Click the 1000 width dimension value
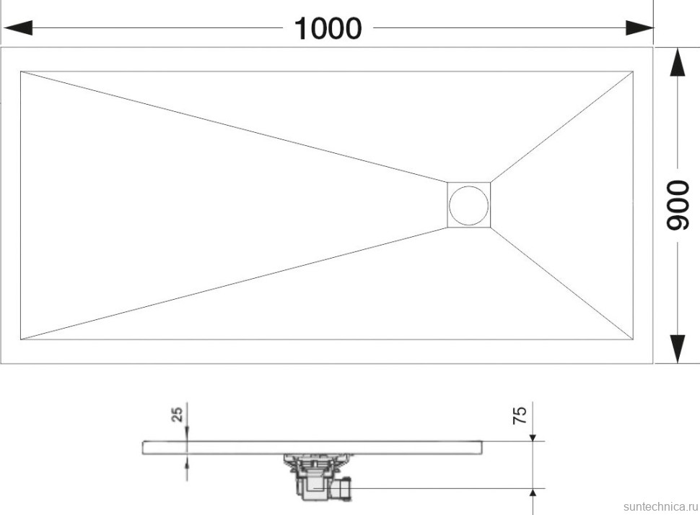coord(328,29)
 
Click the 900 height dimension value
coord(678,205)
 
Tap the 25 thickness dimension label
coord(178,414)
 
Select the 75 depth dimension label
coord(520,415)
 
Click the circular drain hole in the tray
coord(469,205)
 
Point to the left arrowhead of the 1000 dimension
coord(18,27)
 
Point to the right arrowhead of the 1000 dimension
coord(639,27)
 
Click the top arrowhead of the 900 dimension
coord(678,63)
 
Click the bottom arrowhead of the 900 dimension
coord(678,348)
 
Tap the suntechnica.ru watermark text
coord(660,506)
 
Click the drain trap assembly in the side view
coord(318,477)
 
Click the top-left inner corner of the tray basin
coord(20,71)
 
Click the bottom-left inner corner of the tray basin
coord(20,340)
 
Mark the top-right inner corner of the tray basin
coord(633,71)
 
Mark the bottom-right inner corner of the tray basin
coord(633,340)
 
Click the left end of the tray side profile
coord(143,448)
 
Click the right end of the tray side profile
coord(483,448)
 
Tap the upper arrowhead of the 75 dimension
coord(533,437)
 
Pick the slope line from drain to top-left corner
coord(234,126)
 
